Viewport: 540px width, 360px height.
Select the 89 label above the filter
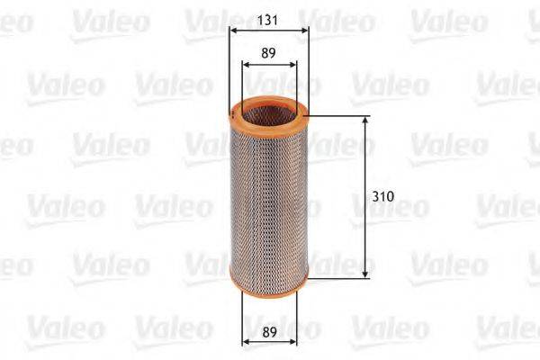tap(267, 53)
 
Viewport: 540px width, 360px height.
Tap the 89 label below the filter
tap(267, 330)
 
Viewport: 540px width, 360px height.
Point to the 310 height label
tap(382, 193)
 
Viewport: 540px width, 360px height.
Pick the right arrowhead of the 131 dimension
tap(304, 29)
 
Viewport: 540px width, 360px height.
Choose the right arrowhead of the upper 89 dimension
tap(292, 65)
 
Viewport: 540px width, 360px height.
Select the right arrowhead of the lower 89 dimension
tap(292, 342)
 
